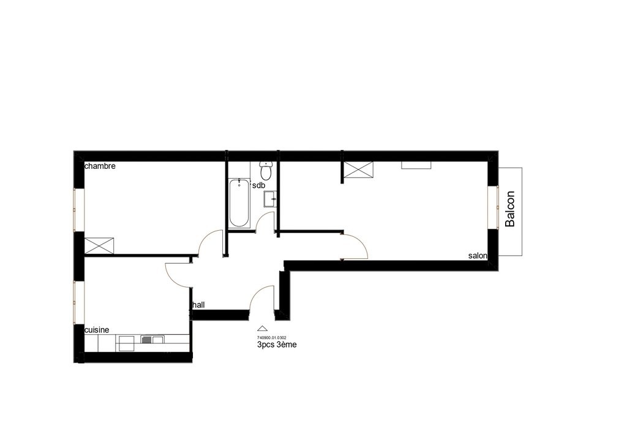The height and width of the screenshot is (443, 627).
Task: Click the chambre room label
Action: [100, 166]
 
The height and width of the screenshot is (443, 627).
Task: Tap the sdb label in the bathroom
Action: [259, 185]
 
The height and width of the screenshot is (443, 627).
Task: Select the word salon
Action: [478, 256]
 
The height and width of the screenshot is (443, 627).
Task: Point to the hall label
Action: [199, 305]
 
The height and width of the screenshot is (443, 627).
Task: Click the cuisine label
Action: [97, 330]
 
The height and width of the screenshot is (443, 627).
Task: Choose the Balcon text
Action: [510, 209]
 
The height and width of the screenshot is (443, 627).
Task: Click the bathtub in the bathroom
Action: [239, 203]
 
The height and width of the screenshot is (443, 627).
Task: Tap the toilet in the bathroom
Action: [266, 171]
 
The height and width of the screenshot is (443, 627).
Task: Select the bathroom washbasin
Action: [270, 199]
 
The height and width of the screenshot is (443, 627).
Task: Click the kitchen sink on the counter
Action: [152, 340]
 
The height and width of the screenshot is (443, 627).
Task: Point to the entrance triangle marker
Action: [262, 329]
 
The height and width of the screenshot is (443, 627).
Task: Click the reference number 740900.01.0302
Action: [271, 338]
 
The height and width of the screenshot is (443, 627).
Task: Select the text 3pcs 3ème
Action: [277, 344]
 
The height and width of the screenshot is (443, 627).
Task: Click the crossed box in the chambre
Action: [99, 245]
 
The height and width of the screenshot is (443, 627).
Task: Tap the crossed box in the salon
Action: [359, 169]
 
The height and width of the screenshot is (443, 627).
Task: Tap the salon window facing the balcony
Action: [493, 207]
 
